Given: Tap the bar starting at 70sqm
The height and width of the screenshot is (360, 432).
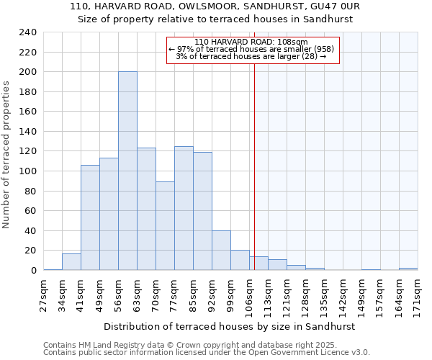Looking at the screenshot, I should pos(165,226).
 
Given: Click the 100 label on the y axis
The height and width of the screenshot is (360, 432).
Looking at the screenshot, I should pos(28,171).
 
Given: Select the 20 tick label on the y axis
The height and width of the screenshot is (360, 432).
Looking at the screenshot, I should pos(31,251).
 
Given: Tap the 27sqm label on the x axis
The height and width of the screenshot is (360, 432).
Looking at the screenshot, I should pos(44,294).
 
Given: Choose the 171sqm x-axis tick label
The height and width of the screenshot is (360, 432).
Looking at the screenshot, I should pos(418,294).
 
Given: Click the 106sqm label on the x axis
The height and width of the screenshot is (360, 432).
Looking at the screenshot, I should pos(250,294).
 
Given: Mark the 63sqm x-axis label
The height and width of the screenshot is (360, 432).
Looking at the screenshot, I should pos(138,294).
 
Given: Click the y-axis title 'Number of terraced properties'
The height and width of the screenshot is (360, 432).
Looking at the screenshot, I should pos(6,154).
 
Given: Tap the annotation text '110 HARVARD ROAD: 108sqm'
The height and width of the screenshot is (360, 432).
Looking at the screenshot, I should pos(251,42).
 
